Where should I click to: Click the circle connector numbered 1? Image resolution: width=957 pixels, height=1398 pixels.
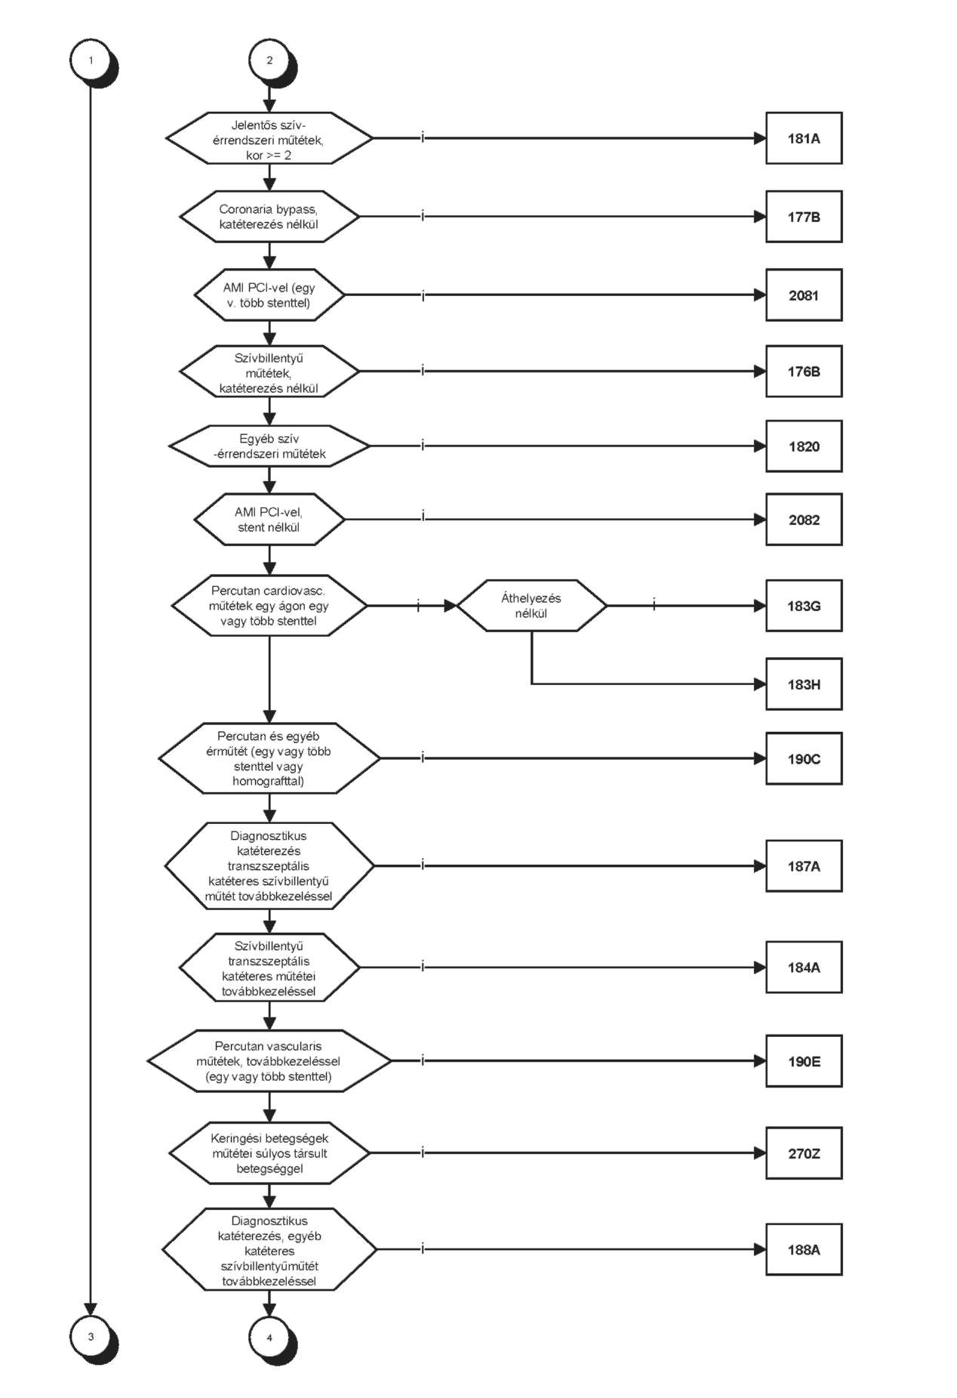pyautogui.click(x=91, y=60)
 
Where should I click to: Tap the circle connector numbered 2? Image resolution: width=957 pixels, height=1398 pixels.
pyautogui.click(x=270, y=60)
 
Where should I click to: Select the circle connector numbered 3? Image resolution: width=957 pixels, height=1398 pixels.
pyautogui.click(x=91, y=1337)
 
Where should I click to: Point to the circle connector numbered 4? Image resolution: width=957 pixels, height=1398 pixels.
pyautogui.click(x=270, y=1338)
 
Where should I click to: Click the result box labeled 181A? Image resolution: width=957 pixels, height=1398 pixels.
pyautogui.click(x=804, y=138)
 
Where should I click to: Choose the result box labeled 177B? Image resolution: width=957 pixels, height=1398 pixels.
pyautogui.click(x=804, y=217)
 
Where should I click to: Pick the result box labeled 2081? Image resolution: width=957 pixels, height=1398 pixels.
pyautogui.click(x=804, y=295)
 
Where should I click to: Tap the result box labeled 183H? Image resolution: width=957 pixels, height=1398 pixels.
pyautogui.click(x=804, y=684)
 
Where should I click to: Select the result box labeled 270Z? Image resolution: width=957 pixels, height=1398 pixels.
pyautogui.click(x=804, y=1153)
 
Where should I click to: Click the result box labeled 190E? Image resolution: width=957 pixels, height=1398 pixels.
pyautogui.click(x=804, y=1061)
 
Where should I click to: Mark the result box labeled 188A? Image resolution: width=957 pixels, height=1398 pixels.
pyautogui.click(x=804, y=1250)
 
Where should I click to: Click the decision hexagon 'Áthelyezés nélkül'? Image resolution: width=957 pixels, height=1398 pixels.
pyautogui.click(x=531, y=606)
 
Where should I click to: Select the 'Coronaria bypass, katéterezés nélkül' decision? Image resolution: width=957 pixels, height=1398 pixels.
pyautogui.click(x=269, y=217)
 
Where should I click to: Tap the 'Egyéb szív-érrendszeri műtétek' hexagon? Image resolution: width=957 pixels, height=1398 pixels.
pyautogui.click(x=269, y=446)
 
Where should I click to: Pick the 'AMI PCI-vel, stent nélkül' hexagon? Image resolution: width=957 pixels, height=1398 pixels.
pyautogui.click(x=269, y=520)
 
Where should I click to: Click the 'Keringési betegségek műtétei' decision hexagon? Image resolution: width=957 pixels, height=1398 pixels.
pyautogui.click(x=269, y=1153)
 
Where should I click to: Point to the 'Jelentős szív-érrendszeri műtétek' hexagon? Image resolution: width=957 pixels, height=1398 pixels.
pyautogui.click(x=269, y=138)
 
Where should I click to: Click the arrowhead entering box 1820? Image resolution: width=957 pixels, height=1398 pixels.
pyautogui.click(x=760, y=446)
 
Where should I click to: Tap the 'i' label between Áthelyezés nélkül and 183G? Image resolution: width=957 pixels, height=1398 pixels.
pyautogui.click(x=654, y=605)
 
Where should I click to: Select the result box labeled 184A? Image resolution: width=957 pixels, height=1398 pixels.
pyautogui.click(x=804, y=967)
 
